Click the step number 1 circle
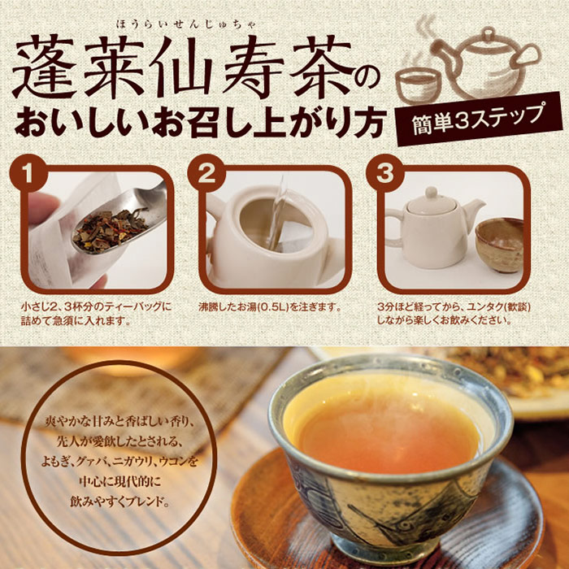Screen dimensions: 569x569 [x=28, y=173]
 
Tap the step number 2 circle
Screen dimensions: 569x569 [x=206, y=173]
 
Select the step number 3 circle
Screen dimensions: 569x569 [x=385, y=173]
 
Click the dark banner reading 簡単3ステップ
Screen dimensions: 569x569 [x=479, y=119]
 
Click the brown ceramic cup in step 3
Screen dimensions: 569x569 [x=500, y=244]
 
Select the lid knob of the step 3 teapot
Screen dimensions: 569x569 [x=432, y=192]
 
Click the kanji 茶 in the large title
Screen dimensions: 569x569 [x=321, y=65]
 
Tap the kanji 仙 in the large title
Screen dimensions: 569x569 [x=180, y=65]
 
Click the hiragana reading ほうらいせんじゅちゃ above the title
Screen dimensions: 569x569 [x=186, y=24]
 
